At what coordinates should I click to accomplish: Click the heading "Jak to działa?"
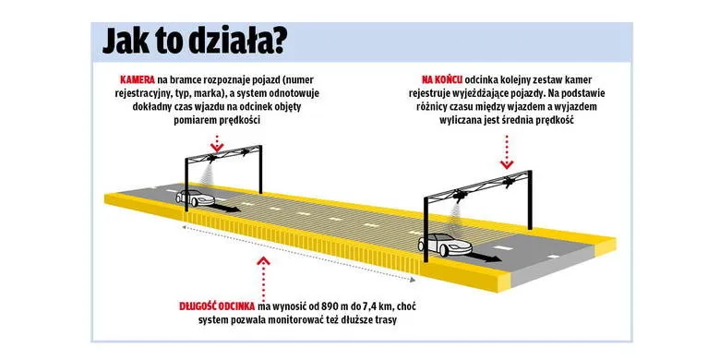194,41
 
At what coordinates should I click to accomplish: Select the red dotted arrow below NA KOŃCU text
509,146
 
